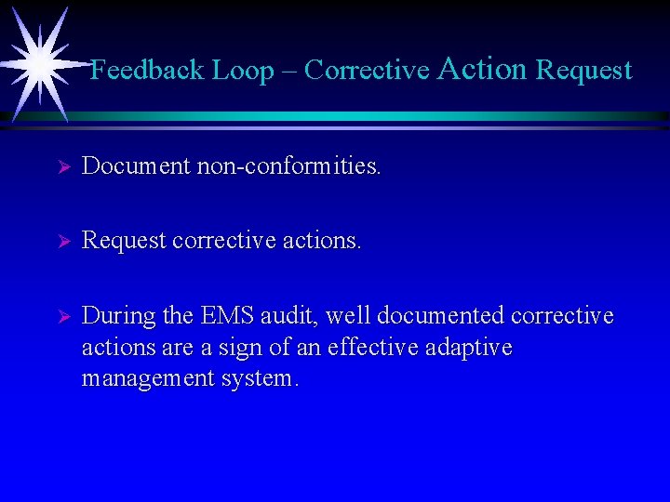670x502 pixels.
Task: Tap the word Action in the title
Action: pos(482,69)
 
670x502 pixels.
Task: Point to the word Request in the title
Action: pos(584,71)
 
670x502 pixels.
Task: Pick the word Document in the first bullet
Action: pos(134,166)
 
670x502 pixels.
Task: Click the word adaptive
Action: pos(470,349)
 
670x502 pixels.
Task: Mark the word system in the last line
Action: pos(262,379)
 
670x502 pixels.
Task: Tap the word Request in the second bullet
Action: pos(124,242)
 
